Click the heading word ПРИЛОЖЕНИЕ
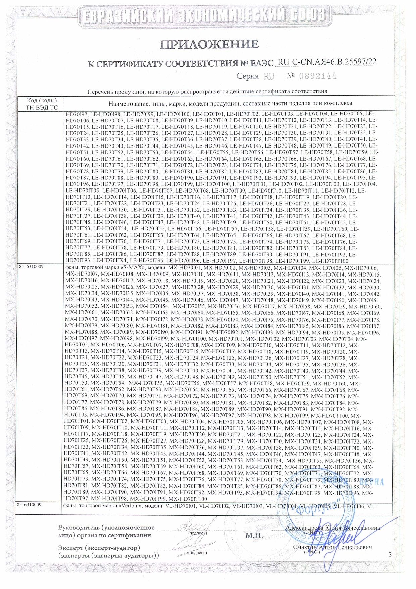(209, 44)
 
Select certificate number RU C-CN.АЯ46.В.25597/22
(327, 62)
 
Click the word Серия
(248, 76)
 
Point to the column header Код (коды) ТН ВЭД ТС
(42, 104)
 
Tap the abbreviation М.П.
(254, 536)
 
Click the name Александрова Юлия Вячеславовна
(332, 528)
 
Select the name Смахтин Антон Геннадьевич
(332, 547)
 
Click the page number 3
(390, 555)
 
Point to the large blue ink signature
(349, 541)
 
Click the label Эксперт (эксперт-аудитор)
(99, 548)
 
